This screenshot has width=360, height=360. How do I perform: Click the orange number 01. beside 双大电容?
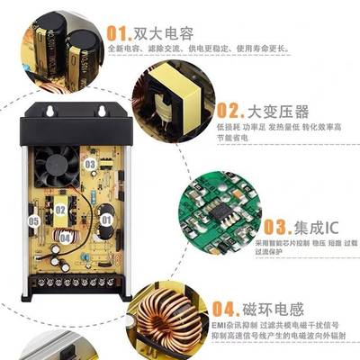pyautogui.click(x=120, y=33)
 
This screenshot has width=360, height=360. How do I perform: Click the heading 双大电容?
pyautogui.click(x=166, y=33)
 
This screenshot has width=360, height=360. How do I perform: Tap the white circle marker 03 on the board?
pyautogui.click(x=90, y=164)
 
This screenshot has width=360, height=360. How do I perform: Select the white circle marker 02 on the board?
pyautogui.click(x=60, y=210)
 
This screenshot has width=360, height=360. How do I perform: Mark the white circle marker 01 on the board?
pyautogui.click(x=104, y=219)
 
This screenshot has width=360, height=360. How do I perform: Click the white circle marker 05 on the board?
pyautogui.click(x=33, y=220)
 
